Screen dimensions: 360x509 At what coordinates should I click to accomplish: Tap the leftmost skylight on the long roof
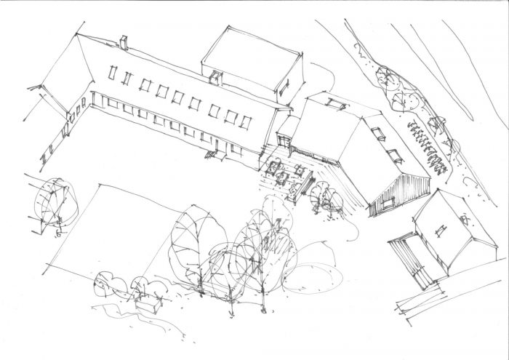coord(112,73)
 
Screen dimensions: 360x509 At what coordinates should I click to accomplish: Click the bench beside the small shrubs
coord(149,305)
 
